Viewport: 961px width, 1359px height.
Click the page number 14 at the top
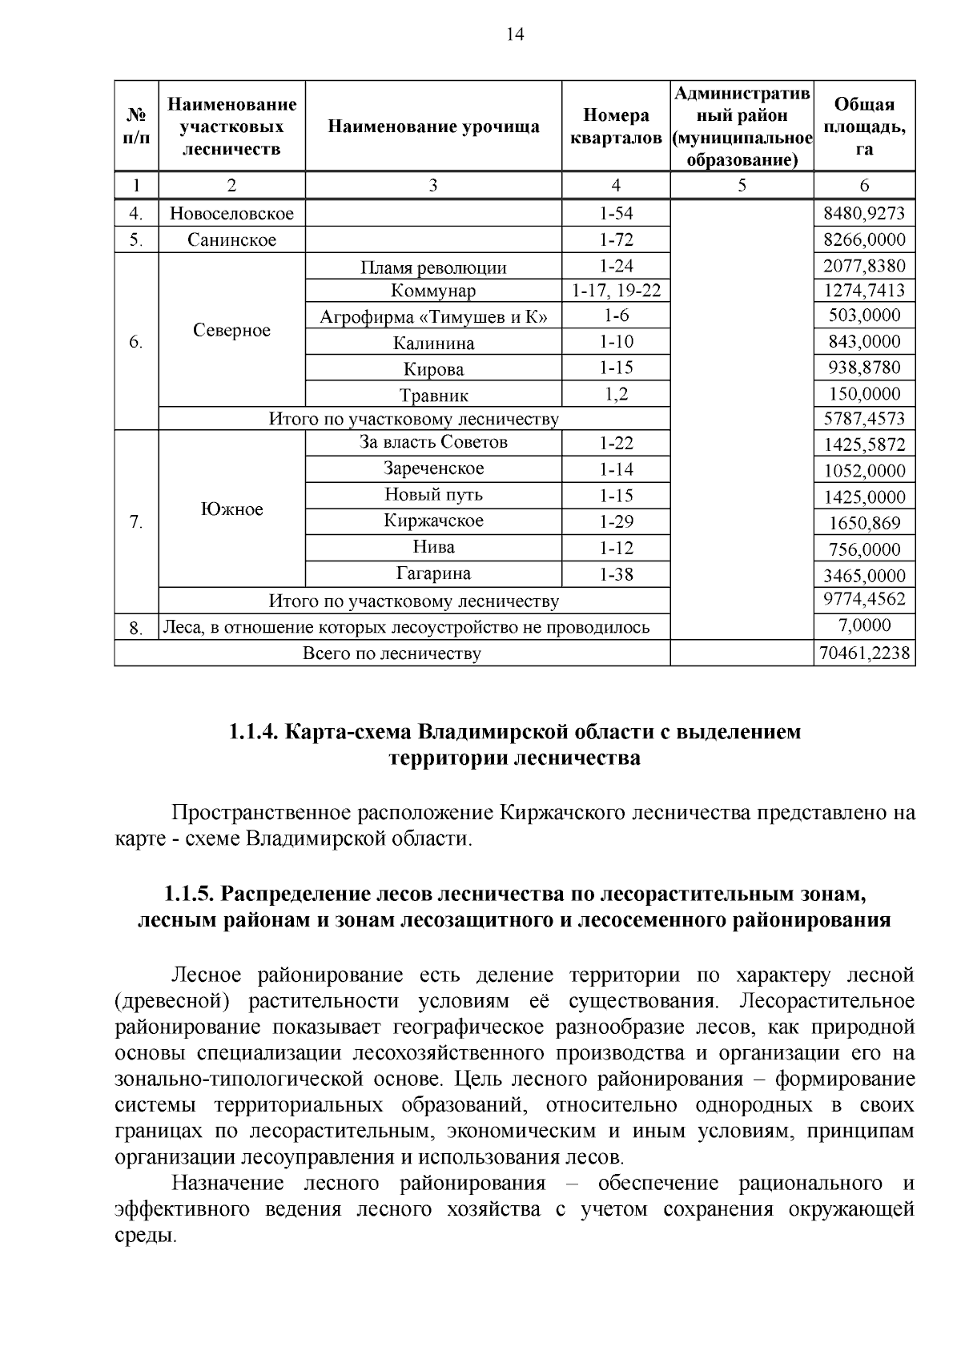click(515, 34)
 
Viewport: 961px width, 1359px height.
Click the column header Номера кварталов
click(616, 127)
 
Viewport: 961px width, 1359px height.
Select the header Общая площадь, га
click(864, 127)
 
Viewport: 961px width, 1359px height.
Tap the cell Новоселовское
click(231, 214)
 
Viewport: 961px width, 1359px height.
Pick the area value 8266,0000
click(864, 239)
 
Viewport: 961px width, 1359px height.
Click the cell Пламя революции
click(433, 267)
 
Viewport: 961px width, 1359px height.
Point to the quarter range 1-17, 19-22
click(616, 290)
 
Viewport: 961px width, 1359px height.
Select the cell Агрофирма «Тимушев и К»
click(433, 317)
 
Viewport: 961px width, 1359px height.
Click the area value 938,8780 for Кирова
click(864, 368)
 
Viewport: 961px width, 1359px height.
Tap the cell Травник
click(433, 396)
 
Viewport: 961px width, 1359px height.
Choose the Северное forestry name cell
click(231, 331)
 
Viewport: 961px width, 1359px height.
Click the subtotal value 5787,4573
click(864, 419)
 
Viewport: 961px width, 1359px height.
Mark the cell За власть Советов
click(433, 442)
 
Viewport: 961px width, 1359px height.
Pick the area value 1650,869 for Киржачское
click(864, 524)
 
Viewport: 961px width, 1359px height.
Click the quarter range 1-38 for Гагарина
click(616, 574)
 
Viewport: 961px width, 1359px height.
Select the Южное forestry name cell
click(231, 509)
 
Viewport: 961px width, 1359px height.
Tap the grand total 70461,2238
click(864, 653)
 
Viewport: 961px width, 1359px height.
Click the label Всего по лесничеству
click(392, 653)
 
